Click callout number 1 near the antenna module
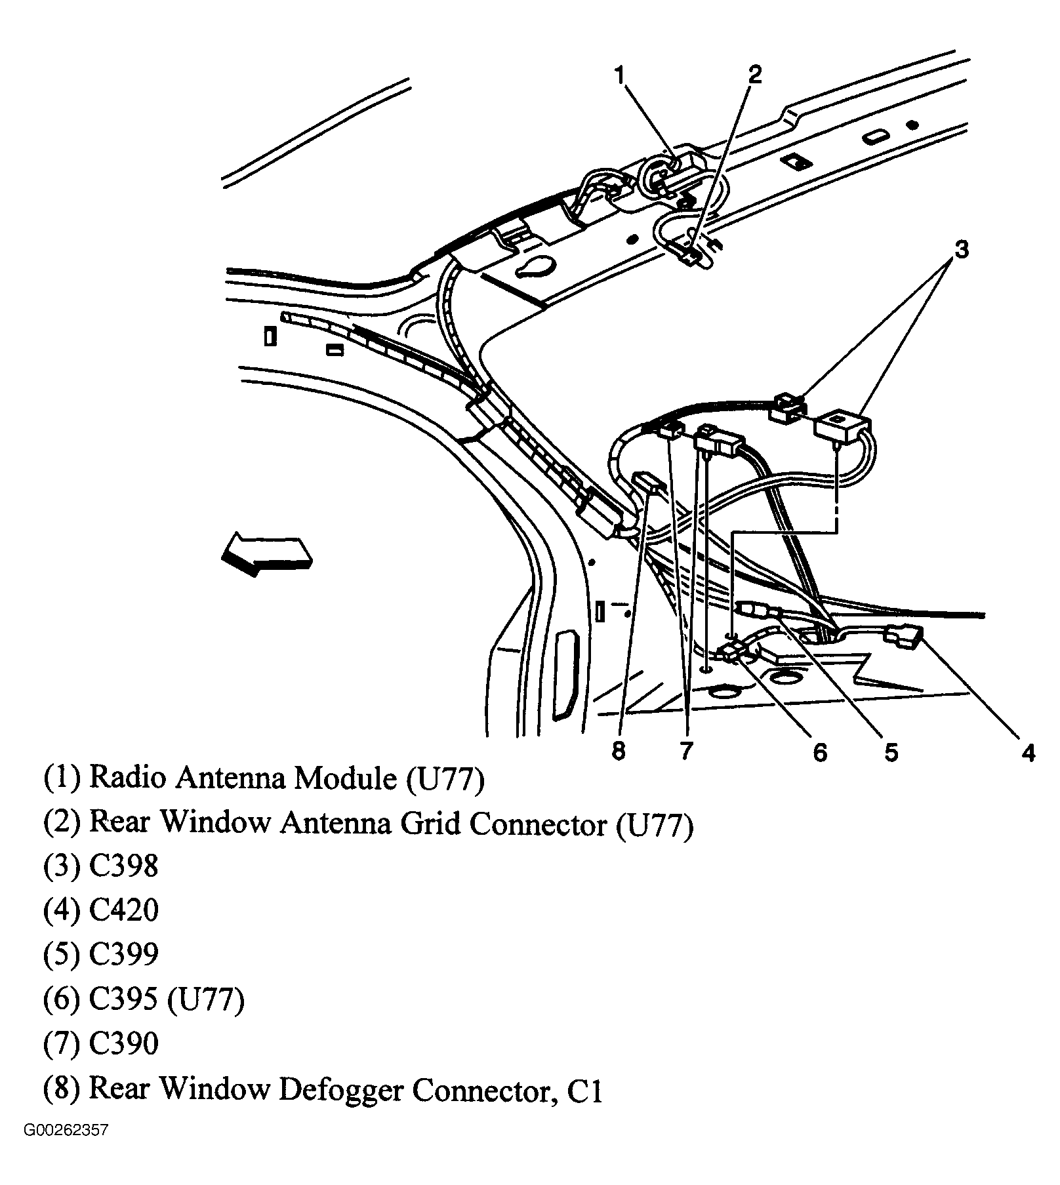coord(620,75)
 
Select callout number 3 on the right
coord(961,249)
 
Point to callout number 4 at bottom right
coord(1028,752)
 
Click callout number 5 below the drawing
coord(890,752)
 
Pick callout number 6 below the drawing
coord(820,752)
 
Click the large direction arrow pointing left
coord(266,553)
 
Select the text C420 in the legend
coord(123,910)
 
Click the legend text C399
coord(123,954)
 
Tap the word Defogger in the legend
coord(340,1089)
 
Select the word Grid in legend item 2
coord(432,822)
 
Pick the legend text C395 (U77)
coord(166,1000)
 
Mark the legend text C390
coord(123,1043)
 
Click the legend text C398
coord(123,866)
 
